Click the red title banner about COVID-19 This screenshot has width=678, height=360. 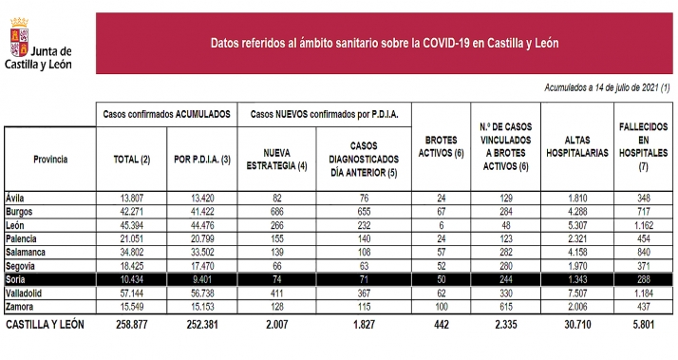[384, 43]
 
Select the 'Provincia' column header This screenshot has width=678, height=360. [49, 159]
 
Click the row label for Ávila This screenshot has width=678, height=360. [16, 197]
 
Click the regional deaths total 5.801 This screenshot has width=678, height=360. [643, 326]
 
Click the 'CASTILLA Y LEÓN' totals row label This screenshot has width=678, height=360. [46, 326]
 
